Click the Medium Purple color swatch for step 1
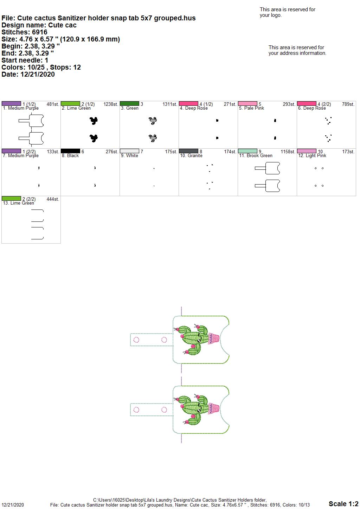click(x=11, y=104)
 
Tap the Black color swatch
click(x=70, y=151)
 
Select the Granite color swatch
click(x=188, y=151)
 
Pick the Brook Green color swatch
click(x=247, y=151)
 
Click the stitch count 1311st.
click(x=170, y=104)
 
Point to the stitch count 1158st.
click(x=288, y=152)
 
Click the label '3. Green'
click(x=129, y=108)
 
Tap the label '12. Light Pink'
click(x=312, y=156)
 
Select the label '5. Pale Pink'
click(x=251, y=108)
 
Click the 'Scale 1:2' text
click(x=343, y=504)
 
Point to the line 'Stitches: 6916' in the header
click(x=24, y=32)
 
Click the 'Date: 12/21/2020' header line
click(x=28, y=74)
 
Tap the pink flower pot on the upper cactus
click(x=214, y=339)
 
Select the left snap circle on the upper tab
click(x=136, y=340)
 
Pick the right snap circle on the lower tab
click(x=164, y=410)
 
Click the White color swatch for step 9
click(x=129, y=151)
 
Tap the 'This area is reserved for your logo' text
click(x=287, y=12)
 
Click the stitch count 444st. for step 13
click(x=53, y=199)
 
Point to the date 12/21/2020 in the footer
click(x=13, y=505)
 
